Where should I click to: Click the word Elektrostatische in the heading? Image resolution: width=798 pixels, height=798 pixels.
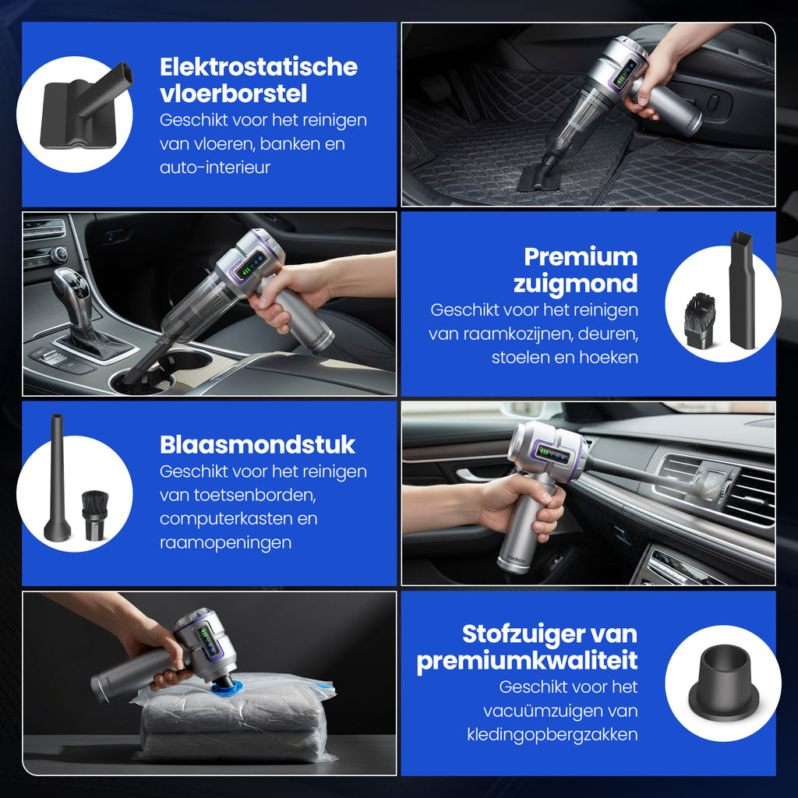(x=258, y=67)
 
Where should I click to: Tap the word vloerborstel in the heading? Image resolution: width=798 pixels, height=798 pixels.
(x=233, y=94)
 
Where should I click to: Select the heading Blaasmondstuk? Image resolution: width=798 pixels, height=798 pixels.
(x=257, y=445)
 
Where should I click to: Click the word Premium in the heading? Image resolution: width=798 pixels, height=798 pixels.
(x=580, y=256)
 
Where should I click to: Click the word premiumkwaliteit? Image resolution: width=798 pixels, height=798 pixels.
(x=527, y=661)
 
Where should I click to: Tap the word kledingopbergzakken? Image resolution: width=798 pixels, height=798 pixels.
(x=552, y=734)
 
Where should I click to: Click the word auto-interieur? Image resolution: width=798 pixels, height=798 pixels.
(x=215, y=168)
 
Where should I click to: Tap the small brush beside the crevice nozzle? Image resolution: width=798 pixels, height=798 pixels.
(x=699, y=320)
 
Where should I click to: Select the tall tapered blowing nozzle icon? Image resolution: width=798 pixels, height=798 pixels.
(x=57, y=478)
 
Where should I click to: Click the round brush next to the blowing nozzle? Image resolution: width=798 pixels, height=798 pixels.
(x=95, y=514)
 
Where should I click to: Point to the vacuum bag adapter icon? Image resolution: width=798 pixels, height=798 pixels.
(x=723, y=683)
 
